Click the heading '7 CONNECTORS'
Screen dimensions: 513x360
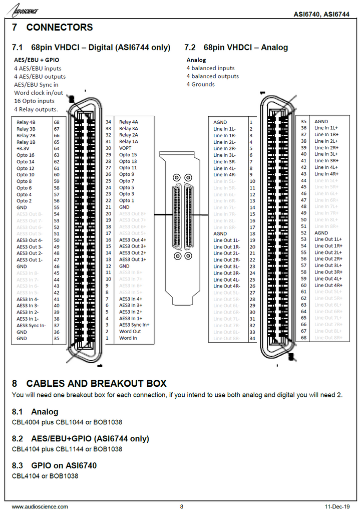pos(53,28)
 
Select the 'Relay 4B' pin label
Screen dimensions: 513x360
pos(26,122)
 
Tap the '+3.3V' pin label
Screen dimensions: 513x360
pos(23,149)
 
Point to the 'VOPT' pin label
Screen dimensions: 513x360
pos(125,148)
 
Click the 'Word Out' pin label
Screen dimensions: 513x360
pos(130,331)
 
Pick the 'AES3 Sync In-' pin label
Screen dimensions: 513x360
pos(31,325)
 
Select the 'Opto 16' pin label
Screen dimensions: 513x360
pos(26,155)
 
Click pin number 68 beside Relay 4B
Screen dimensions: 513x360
pos(57,122)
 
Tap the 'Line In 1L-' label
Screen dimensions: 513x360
pos(225,129)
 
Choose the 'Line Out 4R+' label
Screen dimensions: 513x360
pos(328,285)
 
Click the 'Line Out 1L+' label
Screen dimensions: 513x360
pos(328,239)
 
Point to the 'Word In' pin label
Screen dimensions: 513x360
pos(128,338)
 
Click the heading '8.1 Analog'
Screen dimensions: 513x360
pos(35,412)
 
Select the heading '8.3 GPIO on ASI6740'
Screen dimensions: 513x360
pos(54,465)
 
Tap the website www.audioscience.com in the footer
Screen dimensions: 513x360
pos(40,506)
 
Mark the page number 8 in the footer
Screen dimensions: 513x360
pos(182,506)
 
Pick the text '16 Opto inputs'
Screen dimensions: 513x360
pos(35,101)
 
